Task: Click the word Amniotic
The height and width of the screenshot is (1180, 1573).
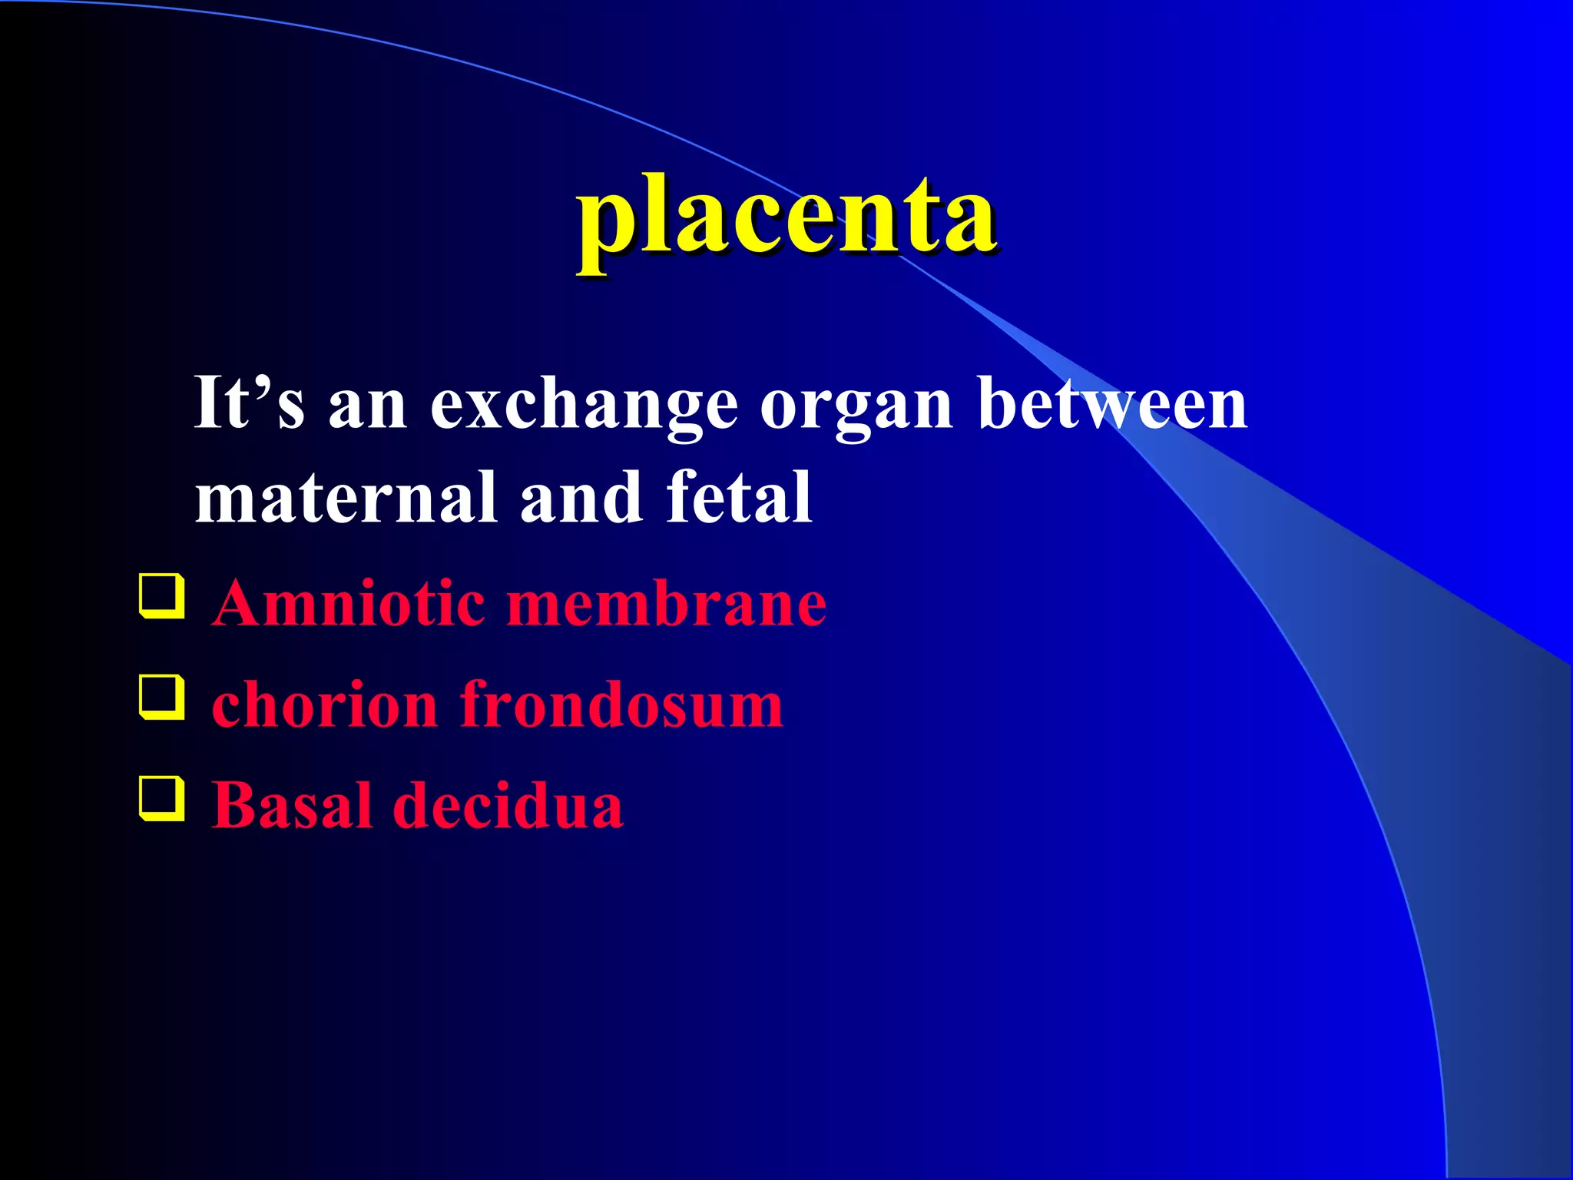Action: (349, 603)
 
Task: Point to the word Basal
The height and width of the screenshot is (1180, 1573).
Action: (291, 805)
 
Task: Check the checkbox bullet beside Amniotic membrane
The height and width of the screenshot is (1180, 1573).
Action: (162, 596)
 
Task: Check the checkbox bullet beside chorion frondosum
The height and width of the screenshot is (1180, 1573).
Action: (162, 698)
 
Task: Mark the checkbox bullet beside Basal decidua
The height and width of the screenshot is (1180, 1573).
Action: (162, 799)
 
